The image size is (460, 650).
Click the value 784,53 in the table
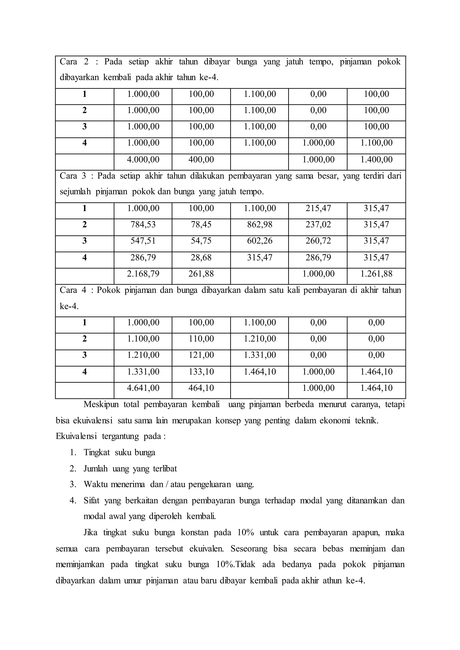click(143, 225)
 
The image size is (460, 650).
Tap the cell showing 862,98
click(259, 225)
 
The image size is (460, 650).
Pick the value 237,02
click(318, 225)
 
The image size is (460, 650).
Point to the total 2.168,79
click(143, 274)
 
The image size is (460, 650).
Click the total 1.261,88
click(376, 274)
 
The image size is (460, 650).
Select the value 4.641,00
click(143, 388)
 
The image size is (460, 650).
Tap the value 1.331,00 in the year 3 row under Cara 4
click(259, 355)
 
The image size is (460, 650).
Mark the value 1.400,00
click(376, 160)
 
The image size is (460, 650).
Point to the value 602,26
click(259, 241)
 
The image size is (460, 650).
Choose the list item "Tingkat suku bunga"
click(119, 453)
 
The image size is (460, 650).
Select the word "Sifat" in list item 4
click(91, 501)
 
